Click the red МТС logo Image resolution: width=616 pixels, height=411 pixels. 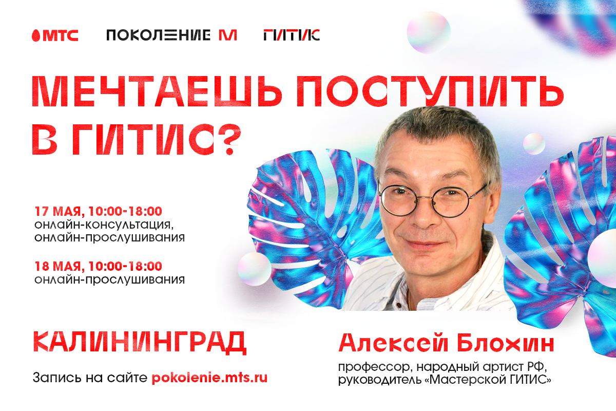[x=55, y=35]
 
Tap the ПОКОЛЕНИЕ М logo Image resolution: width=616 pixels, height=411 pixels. [x=171, y=35]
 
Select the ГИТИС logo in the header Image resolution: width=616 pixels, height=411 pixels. [x=292, y=35]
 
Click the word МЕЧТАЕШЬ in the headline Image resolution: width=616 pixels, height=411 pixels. [x=157, y=91]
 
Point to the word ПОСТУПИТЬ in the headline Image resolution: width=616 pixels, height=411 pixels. [x=430, y=91]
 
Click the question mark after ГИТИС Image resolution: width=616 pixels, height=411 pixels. [x=229, y=139]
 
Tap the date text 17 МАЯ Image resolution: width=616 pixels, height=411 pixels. [x=58, y=212]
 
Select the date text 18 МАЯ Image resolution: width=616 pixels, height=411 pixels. [x=58, y=266]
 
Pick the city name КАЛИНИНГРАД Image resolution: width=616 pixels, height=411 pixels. [x=140, y=342]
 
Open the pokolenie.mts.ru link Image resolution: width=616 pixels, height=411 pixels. [x=209, y=378]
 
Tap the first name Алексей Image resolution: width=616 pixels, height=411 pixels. [x=394, y=343]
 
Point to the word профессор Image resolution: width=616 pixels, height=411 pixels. [x=375, y=367]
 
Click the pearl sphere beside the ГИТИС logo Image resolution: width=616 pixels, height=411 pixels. [x=429, y=32]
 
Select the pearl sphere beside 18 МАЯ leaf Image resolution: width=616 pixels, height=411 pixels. [x=255, y=269]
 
